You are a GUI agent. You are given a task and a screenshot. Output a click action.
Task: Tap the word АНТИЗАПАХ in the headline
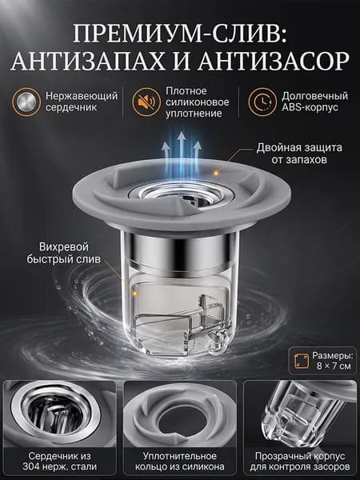[87, 62]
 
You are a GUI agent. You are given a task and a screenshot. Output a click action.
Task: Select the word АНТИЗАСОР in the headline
[274, 62]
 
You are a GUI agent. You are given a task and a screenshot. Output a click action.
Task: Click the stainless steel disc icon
[26, 102]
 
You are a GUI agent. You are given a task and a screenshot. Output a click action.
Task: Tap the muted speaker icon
[146, 102]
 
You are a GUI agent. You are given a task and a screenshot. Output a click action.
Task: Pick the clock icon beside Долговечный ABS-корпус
[262, 102]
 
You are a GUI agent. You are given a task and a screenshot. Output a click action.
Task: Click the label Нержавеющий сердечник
[82, 102]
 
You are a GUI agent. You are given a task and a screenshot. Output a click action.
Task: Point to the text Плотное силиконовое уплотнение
[198, 102]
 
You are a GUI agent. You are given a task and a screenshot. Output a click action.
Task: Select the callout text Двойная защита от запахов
[299, 154]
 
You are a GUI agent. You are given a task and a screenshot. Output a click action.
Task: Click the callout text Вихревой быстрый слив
[64, 253]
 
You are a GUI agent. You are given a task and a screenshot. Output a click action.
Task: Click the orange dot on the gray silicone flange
[217, 174]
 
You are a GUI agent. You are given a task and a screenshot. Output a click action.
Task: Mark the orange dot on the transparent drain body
[134, 294]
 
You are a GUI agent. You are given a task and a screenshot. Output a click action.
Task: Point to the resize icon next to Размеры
[302, 361]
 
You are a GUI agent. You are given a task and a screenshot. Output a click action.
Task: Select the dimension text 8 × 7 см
[334, 366]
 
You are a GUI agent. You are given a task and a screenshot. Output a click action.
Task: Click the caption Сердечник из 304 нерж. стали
[59, 461]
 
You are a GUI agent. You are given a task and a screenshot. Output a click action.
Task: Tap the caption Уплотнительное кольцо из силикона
[180, 461]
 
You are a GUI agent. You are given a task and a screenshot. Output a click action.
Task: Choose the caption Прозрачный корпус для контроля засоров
[300, 461]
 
